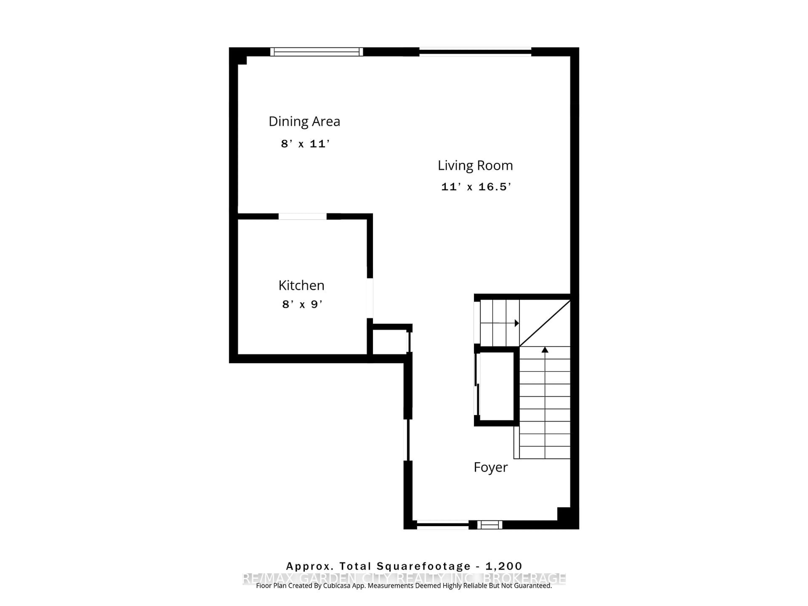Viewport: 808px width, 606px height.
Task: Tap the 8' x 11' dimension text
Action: (305, 144)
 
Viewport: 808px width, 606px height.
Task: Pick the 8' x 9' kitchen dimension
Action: (302, 304)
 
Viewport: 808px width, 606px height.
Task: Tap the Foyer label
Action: (490, 467)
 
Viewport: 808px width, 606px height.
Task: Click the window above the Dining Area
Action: (317, 52)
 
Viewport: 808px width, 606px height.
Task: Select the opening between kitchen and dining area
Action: (302, 217)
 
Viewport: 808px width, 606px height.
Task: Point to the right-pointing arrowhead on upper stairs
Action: (517, 323)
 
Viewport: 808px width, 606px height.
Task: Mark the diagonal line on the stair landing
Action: (545, 323)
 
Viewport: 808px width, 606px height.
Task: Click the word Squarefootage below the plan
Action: (424, 566)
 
